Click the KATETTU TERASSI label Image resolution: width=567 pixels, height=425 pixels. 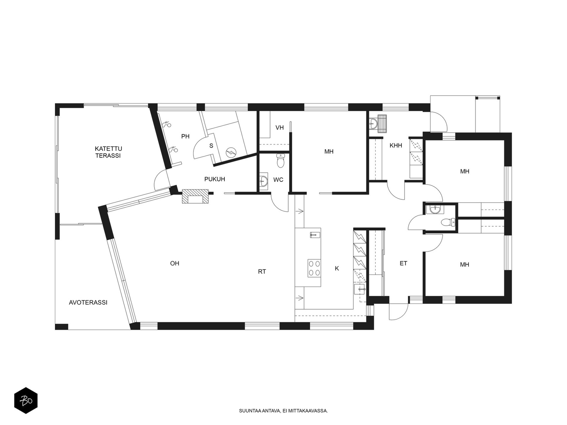point(108,152)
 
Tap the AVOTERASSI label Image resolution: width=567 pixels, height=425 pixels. point(88,302)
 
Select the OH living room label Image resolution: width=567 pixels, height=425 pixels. point(175,263)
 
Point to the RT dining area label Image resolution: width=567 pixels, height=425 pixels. point(262,271)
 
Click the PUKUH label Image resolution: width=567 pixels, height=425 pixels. point(215,179)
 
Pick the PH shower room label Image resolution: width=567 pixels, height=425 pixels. point(185,136)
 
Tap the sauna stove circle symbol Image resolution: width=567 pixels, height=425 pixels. point(230,152)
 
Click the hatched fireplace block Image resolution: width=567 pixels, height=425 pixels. point(195,196)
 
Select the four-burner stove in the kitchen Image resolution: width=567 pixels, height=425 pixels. point(314,268)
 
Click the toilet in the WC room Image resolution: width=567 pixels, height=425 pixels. point(280,160)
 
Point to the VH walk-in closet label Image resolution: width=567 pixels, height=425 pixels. point(280,127)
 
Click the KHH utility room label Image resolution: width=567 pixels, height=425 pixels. point(396,146)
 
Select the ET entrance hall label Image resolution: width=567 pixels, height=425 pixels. point(404,263)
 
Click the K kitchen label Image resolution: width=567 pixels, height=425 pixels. point(337,268)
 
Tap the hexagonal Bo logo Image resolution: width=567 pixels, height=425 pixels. point(26,401)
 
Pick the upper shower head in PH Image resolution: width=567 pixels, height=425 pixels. point(167,124)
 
